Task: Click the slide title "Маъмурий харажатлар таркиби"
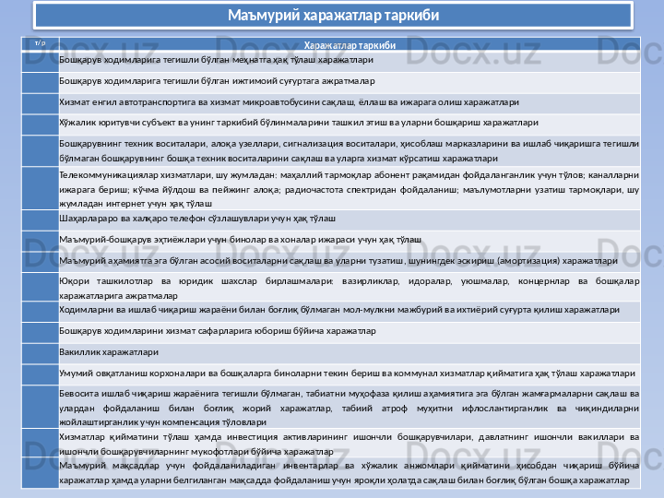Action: (333, 16)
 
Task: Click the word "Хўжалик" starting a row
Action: (76, 121)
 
